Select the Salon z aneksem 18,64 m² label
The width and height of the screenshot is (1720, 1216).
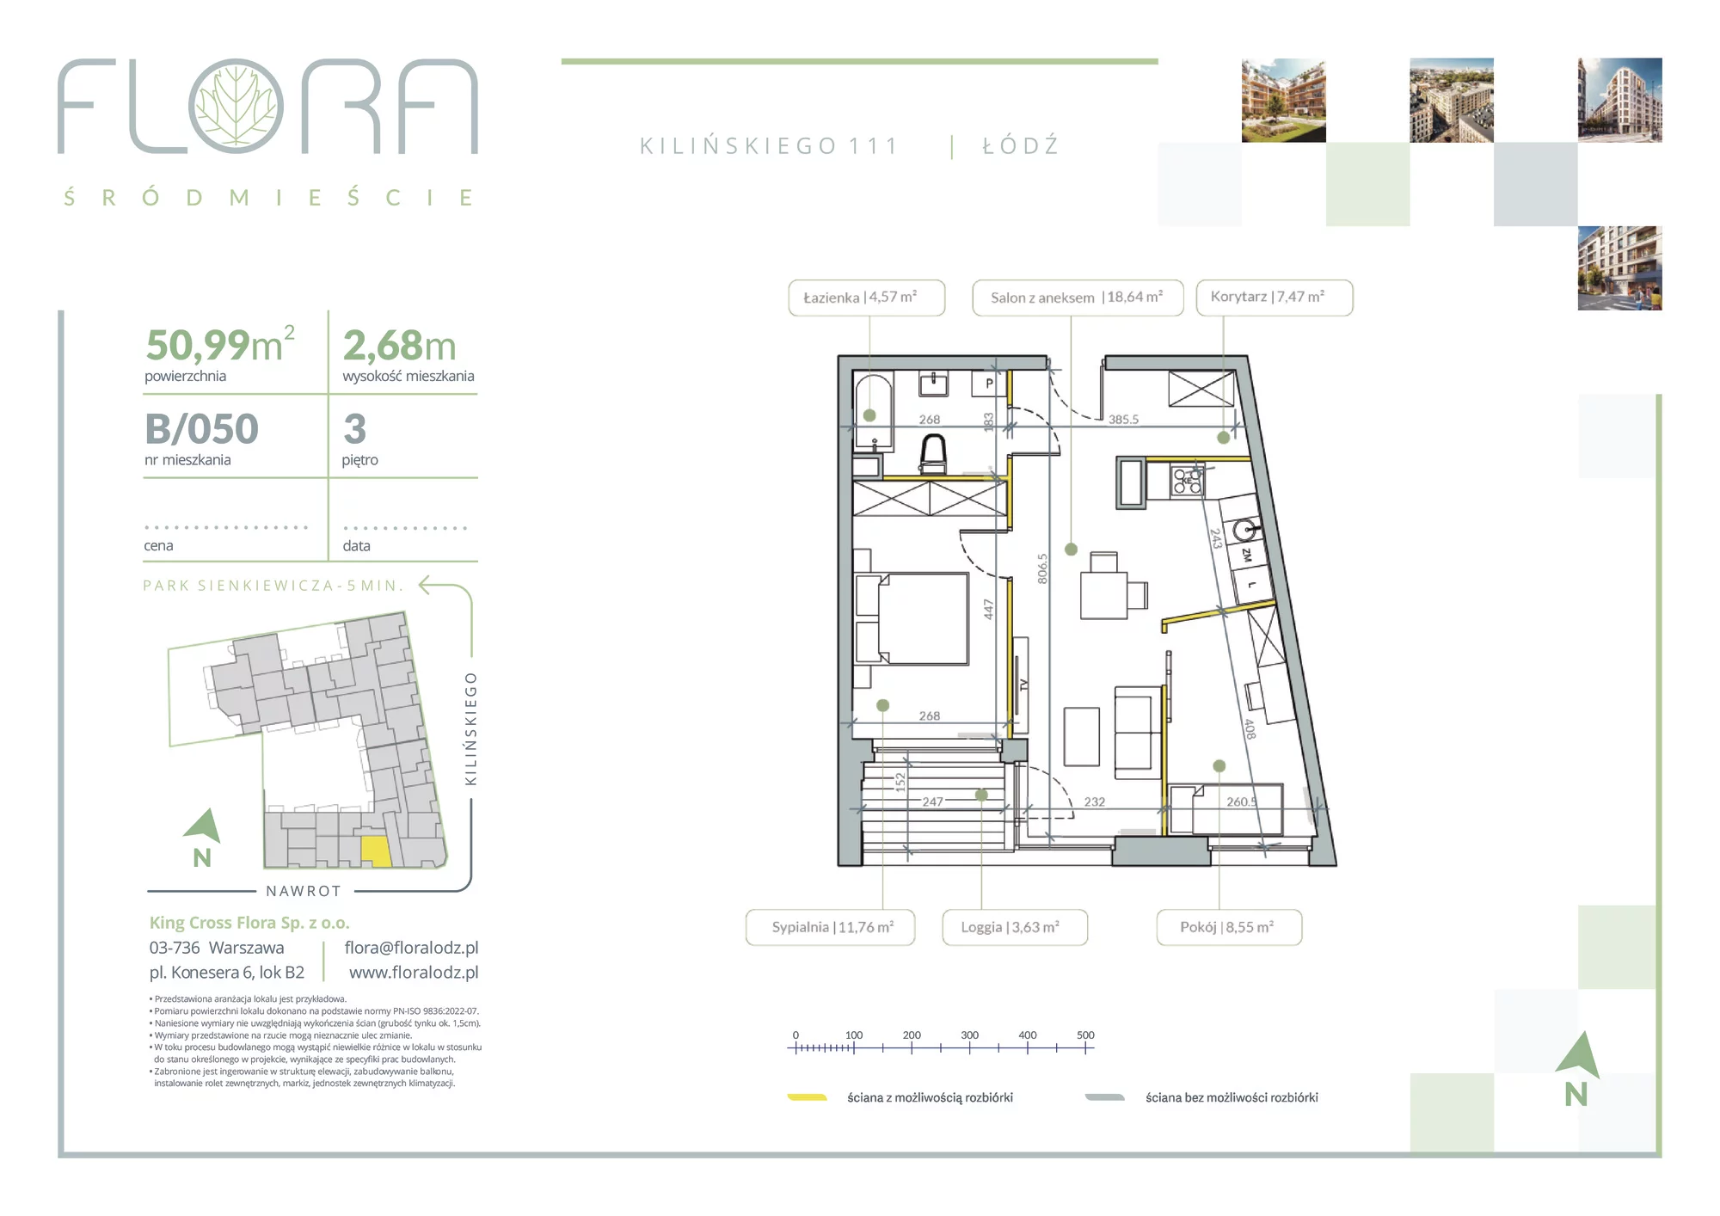(x=1077, y=298)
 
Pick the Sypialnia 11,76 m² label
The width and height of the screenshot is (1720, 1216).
(x=830, y=927)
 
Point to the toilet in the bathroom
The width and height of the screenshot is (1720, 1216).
(x=933, y=454)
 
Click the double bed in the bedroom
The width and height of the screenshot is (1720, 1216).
(x=912, y=618)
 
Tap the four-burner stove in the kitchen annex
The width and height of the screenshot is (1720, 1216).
(x=1188, y=481)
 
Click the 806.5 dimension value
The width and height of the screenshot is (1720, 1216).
(x=1042, y=568)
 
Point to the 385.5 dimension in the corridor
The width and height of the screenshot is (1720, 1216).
(x=1123, y=420)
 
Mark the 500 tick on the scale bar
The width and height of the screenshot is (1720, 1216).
(x=1085, y=1048)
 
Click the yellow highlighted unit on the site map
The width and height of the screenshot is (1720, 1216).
(x=375, y=851)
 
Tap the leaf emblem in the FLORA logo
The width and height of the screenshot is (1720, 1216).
(x=236, y=106)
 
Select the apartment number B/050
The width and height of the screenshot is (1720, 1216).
(x=201, y=429)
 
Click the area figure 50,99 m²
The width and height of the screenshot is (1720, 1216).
(x=220, y=345)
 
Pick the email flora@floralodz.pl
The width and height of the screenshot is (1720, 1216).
(x=411, y=948)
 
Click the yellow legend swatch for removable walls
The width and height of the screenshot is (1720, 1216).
(x=807, y=1097)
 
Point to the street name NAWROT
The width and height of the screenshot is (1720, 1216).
(x=304, y=891)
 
